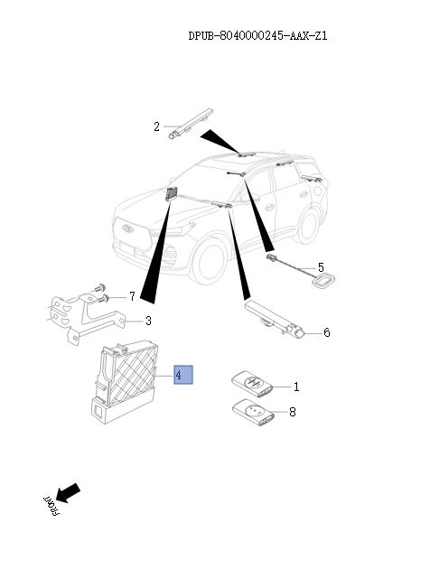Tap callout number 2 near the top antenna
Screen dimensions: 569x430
(156, 126)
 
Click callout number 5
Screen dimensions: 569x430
(320, 268)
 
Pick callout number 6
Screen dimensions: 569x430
(326, 332)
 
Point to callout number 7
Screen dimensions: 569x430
(131, 295)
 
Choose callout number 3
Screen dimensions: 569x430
(148, 320)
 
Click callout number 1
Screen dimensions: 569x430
(295, 387)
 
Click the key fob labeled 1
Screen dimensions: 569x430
(250, 382)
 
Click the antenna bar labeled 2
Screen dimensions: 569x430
(188, 123)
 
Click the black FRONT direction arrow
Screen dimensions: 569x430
(69, 491)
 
